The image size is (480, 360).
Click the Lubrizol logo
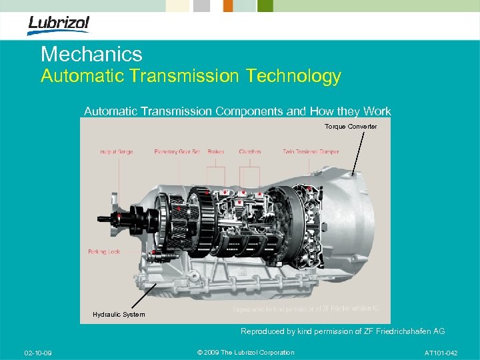coord(58,25)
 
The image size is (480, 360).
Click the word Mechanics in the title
coord(91,55)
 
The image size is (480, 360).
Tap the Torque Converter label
coord(351,127)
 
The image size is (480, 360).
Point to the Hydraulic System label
coord(119,314)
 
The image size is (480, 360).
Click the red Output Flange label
coord(116,151)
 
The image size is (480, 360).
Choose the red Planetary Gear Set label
coord(177,151)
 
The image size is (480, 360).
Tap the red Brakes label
coord(215,151)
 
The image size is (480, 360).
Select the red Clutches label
coord(250,151)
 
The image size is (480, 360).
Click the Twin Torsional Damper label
coord(311,151)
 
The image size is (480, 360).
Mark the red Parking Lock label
coord(104,252)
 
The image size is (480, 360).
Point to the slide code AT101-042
coord(441,352)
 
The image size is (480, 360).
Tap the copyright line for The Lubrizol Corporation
coord(246,352)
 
